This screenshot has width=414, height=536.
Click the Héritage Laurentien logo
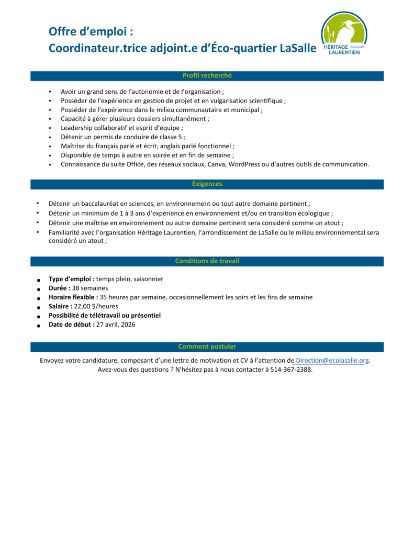pyautogui.click(x=344, y=34)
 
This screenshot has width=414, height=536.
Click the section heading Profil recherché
pyautogui.click(x=207, y=75)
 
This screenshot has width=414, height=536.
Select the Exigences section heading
pyautogui.click(x=207, y=184)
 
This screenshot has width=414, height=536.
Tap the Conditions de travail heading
pyautogui.click(x=207, y=261)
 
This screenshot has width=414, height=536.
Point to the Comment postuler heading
pyautogui.click(x=207, y=346)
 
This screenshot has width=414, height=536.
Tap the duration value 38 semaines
pyautogui.click(x=90, y=288)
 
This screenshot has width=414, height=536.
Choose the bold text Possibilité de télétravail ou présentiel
pyautogui.click(x=105, y=316)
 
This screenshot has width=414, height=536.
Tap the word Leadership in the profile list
pyautogui.click(x=76, y=128)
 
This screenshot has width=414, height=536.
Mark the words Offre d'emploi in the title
pyautogui.click(x=87, y=31)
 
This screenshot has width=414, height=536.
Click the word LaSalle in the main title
pyautogui.click(x=298, y=48)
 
